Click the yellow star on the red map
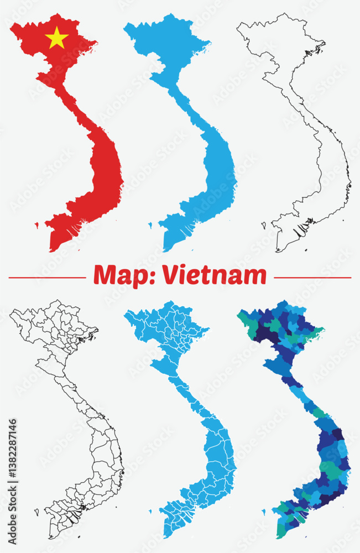(x=56, y=38)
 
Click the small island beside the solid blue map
(x=150, y=224)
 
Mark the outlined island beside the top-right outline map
(x=264, y=225)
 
